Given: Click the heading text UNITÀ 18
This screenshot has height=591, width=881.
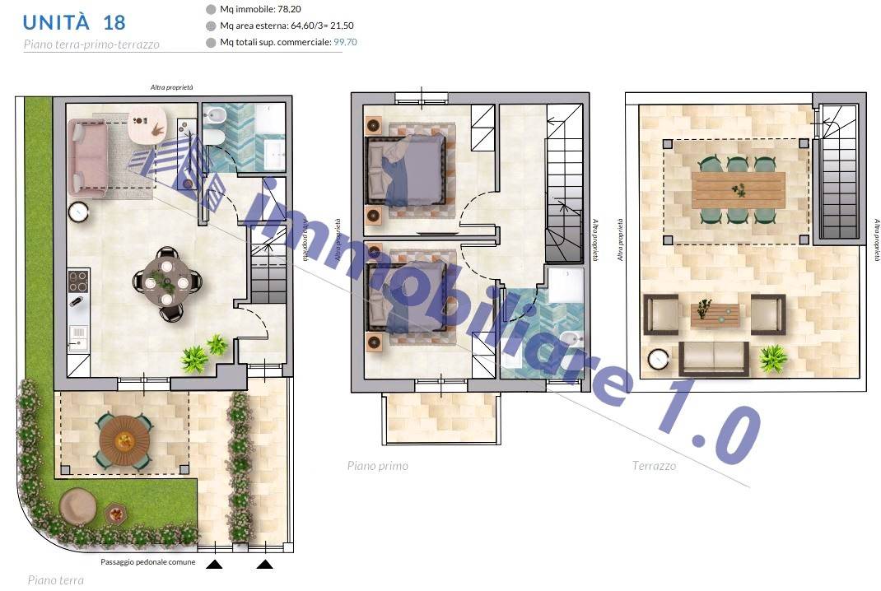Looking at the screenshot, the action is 73,22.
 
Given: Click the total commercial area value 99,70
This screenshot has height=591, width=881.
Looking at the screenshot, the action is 345,42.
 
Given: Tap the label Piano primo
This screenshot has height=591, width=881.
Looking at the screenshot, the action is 378,466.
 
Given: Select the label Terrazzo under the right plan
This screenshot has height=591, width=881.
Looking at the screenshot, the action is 654,466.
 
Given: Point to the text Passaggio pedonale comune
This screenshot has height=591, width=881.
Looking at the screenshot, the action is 147,562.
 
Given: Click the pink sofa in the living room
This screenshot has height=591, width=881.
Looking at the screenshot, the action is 87,158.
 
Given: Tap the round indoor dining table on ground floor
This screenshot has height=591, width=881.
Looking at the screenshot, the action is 167,283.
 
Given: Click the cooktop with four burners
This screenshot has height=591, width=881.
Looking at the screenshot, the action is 78,282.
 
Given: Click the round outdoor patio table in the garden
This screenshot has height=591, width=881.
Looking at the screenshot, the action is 124,441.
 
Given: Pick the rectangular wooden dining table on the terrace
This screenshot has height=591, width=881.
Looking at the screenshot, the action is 739,190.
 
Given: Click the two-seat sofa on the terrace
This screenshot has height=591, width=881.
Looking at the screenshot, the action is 714,358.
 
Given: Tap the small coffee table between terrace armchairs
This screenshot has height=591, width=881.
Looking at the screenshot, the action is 716,314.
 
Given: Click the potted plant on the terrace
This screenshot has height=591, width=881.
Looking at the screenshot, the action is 773,358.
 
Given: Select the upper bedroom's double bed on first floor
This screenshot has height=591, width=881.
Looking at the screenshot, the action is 406,170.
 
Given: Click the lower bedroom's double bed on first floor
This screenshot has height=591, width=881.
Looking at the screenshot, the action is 406,295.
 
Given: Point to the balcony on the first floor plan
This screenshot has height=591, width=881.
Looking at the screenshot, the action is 441,418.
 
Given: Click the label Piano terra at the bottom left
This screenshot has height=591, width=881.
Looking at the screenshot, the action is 56,580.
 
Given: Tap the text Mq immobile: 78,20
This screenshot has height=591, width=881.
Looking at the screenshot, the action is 260,10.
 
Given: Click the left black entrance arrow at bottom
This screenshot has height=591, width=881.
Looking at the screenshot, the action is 214,564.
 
